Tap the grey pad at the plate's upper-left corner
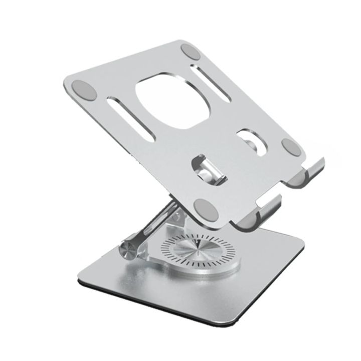click(83, 90)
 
